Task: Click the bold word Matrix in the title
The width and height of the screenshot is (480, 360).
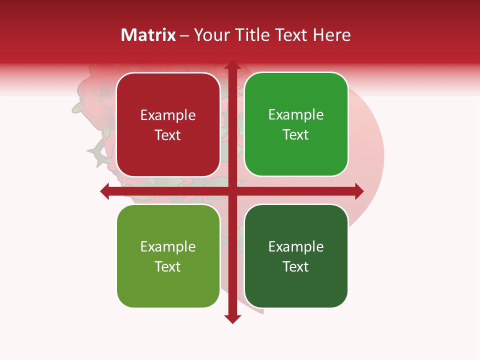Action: click(x=148, y=35)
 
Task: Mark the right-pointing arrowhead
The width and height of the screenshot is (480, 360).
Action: click(x=358, y=191)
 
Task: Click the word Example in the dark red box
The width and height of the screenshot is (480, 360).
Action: click(x=168, y=115)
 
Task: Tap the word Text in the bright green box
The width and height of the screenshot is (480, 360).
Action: click(x=296, y=135)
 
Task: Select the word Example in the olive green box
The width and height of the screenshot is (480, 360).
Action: click(x=168, y=247)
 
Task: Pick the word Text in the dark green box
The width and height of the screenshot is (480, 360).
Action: click(x=296, y=267)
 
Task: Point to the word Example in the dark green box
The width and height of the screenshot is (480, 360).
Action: click(x=296, y=247)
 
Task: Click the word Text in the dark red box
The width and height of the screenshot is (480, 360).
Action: click(x=168, y=135)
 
